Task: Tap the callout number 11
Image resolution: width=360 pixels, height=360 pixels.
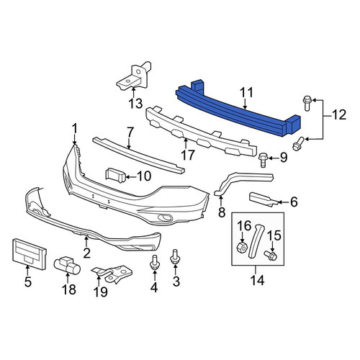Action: tap(246, 93)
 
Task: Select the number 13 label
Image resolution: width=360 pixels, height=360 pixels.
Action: tap(135, 104)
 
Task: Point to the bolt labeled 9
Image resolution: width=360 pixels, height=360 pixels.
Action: tap(262, 160)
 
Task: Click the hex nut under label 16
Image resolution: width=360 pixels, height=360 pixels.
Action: tap(242, 247)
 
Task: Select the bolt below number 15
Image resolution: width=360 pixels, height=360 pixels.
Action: tap(271, 256)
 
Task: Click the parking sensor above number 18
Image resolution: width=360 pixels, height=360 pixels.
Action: tap(68, 266)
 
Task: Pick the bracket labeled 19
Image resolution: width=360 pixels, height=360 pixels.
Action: tap(113, 274)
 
